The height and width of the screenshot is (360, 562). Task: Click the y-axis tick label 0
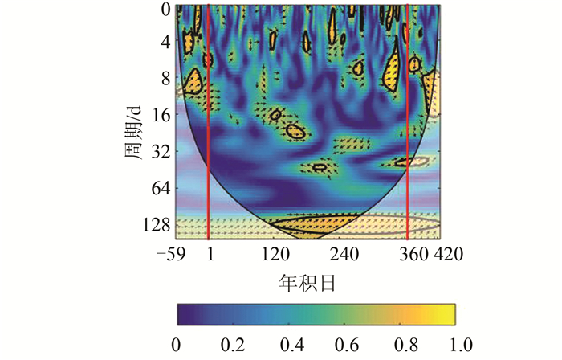point(165,10)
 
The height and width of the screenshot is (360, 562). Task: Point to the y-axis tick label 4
point(165,42)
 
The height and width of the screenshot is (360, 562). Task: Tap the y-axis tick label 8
point(165,79)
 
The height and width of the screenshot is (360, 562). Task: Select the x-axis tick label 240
point(342,253)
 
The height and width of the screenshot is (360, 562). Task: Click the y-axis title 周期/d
point(133,129)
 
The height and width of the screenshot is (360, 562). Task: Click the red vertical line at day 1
point(209,121)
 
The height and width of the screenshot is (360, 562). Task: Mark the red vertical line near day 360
point(407,121)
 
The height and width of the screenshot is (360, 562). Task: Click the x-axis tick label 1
point(210,253)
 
